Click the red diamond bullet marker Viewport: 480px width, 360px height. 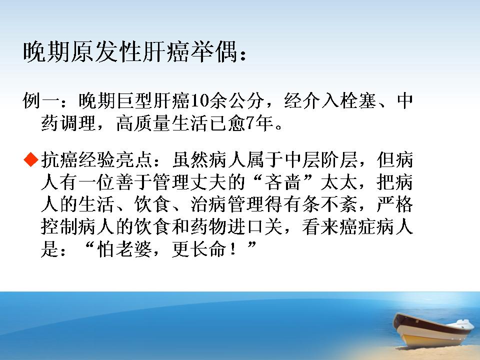point(31,159)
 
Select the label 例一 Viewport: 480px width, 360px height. point(41,100)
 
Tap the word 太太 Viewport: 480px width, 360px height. point(338,182)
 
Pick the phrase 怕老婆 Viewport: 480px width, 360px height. point(124,249)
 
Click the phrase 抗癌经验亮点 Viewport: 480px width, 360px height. point(96,160)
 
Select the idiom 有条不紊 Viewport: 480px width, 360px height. point(320,204)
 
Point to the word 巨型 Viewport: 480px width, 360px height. point(134,100)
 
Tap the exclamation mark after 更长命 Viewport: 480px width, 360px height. point(234,249)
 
